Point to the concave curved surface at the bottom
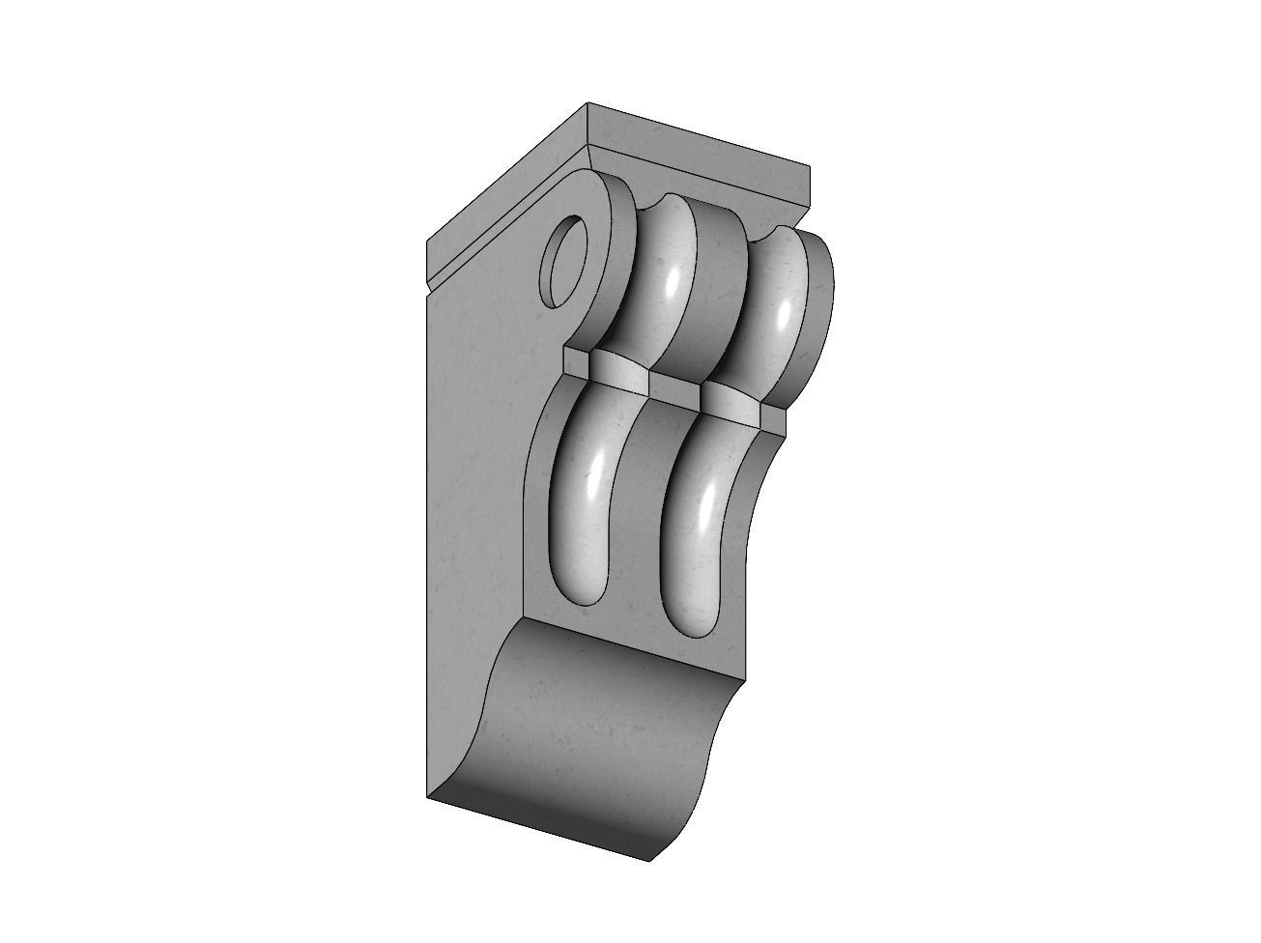pos(599,734)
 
